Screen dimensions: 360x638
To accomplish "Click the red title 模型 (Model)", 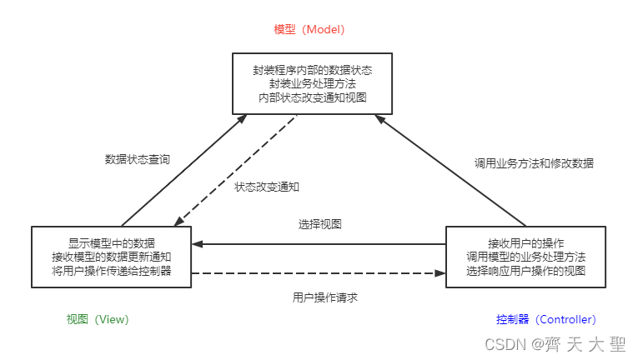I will [309, 29].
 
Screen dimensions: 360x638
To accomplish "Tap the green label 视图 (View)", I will [98, 319].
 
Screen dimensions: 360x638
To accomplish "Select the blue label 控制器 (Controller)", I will [545, 319].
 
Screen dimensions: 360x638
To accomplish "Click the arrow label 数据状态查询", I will [138, 158].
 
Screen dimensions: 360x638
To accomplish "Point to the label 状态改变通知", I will [267, 187].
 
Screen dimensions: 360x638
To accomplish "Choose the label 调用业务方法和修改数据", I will [534, 163].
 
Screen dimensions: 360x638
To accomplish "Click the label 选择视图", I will [319, 224].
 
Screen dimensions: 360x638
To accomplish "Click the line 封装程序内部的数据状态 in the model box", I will [313, 71].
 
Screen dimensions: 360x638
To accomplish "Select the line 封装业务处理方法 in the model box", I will [313, 84].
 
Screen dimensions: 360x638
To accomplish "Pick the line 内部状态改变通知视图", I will [313, 97].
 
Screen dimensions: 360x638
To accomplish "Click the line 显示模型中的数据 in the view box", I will [112, 243].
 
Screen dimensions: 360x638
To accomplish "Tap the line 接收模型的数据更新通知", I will [112, 257].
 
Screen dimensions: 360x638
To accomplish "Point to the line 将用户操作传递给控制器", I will [112, 270].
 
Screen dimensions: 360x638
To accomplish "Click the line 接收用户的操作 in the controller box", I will [525, 243].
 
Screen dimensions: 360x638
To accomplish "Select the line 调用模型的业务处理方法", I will [525, 257].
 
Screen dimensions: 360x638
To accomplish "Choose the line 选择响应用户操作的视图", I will [525, 270].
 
